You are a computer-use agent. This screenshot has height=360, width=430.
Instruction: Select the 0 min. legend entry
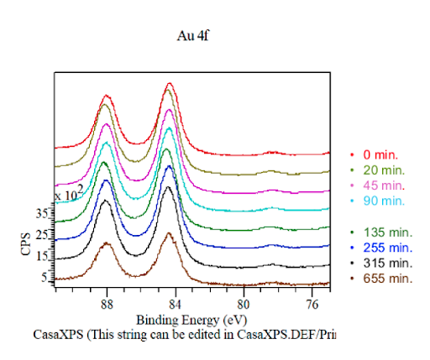pos(380,155)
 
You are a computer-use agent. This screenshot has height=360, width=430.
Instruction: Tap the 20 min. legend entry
pos(383,170)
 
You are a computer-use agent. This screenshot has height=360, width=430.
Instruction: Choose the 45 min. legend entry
pos(383,185)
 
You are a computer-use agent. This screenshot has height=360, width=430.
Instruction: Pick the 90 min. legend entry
pos(383,201)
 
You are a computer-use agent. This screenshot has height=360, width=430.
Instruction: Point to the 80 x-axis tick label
pos(244,304)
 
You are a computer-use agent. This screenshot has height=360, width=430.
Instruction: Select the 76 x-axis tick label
pos(312,304)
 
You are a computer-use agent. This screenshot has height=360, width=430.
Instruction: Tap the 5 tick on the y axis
pos(45,277)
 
